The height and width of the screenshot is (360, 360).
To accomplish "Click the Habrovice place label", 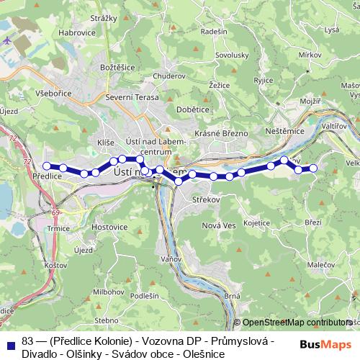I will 77,32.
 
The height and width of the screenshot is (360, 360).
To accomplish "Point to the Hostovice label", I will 109,227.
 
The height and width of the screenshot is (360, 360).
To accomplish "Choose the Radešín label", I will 215,32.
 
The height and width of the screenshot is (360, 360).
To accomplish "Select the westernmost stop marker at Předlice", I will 47,166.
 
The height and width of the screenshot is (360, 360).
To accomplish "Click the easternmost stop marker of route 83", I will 313,168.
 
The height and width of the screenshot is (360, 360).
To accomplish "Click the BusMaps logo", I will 330,345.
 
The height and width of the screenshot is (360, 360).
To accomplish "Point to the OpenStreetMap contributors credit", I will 297,323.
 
